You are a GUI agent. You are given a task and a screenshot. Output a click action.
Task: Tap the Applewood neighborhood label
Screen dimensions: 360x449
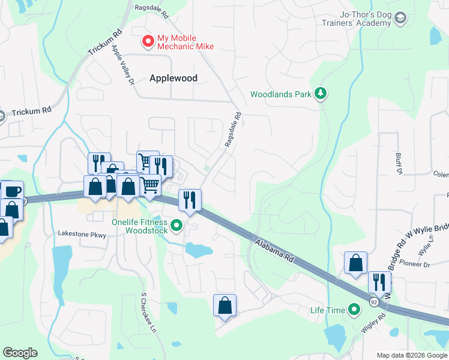click(x=173, y=77)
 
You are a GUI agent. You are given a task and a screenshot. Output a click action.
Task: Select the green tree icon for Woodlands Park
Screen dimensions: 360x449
click(x=322, y=94)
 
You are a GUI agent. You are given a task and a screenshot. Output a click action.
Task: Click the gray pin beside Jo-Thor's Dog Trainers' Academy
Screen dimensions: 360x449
click(x=401, y=19)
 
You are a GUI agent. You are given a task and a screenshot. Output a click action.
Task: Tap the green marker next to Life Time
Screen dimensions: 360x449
click(x=355, y=310)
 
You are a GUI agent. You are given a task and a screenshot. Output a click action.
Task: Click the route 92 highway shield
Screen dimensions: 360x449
click(x=374, y=301)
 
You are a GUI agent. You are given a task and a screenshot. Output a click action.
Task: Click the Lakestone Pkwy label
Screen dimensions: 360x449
click(x=82, y=234)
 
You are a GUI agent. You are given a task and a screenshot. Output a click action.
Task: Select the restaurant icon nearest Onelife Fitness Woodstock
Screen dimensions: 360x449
click(x=190, y=200)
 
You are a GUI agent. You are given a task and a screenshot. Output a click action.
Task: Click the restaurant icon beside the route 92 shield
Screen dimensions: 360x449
click(x=379, y=281)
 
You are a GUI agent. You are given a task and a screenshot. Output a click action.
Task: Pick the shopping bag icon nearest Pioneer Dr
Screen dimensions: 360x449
click(x=355, y=262)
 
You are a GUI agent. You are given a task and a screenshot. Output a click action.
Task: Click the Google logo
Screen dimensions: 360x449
click(x=20, y=353)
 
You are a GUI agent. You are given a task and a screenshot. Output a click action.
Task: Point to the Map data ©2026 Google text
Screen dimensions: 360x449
click(x=411, y=355)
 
